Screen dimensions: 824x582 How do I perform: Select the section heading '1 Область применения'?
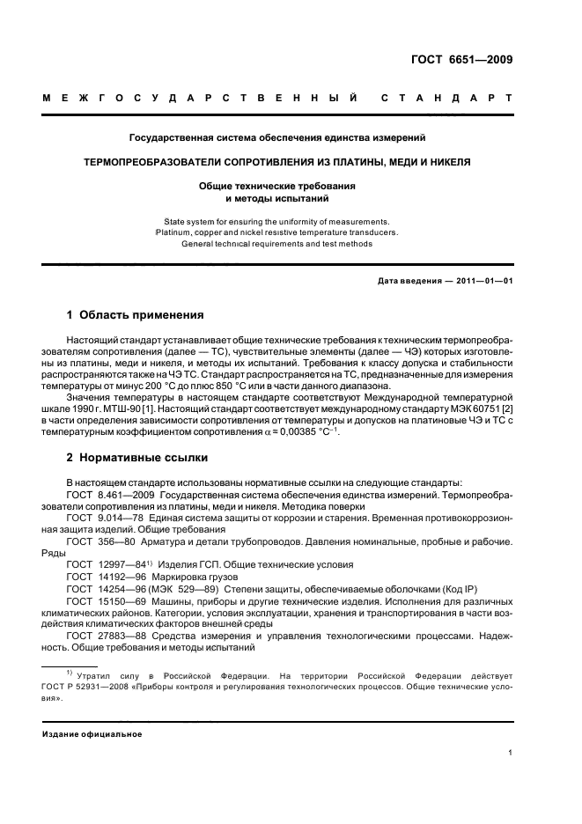point(136,314)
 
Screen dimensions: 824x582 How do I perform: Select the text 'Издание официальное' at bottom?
point(92,733)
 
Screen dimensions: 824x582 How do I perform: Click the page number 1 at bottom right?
point(510,753)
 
